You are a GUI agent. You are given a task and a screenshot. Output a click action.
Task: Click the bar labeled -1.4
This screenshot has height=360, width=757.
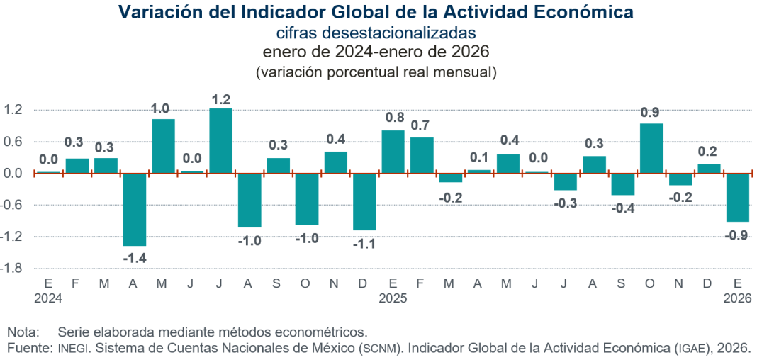pyautogui.click(x=135, y=210)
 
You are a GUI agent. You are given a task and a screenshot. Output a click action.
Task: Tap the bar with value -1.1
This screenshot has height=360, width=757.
pyautogui.click(x=364, y=201)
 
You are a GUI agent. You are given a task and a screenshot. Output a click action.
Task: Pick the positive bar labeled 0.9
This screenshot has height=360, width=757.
pyautogui.click(x=651, y=148)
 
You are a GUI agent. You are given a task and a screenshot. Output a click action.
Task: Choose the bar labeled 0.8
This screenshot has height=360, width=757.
pyautogui.click(x=393, y=152)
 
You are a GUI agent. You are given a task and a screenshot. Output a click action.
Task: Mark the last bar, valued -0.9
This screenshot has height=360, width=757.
pyautogui.click(x=738, y=198)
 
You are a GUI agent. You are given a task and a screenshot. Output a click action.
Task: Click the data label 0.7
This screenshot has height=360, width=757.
pyautogui.click(x=422, y=125)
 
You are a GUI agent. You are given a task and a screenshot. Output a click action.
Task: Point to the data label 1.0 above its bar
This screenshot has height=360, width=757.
pyautogui.click(x=162, y=108)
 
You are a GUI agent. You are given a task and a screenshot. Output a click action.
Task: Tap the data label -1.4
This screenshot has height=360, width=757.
pyautogui.click(x=135, y=258)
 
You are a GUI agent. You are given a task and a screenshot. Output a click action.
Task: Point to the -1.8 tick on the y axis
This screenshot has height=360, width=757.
pyautogui.click(x=13, y=269)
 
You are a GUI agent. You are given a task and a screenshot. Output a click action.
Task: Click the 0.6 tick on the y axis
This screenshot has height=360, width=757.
pyautogui.click(x=15, y=142)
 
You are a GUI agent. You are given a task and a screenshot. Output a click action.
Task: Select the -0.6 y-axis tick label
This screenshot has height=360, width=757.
pyautogui.click(x=13, y=206)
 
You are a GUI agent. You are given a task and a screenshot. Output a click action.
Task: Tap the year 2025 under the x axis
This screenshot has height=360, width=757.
pyautogui.click(x=393, y=299)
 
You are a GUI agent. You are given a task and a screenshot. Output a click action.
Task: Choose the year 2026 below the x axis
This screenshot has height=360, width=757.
pyautogui.click(x=737, y=299)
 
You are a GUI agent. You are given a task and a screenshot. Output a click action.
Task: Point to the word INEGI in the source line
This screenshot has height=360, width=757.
pyautogui.click(x=73, y=348)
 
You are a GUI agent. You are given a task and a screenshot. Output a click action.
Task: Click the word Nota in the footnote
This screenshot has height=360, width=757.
pyautogui.click(x=22, y=332)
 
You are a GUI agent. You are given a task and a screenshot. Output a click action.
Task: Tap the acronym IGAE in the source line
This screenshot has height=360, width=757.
pyautogui.click(x=690, y=348)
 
